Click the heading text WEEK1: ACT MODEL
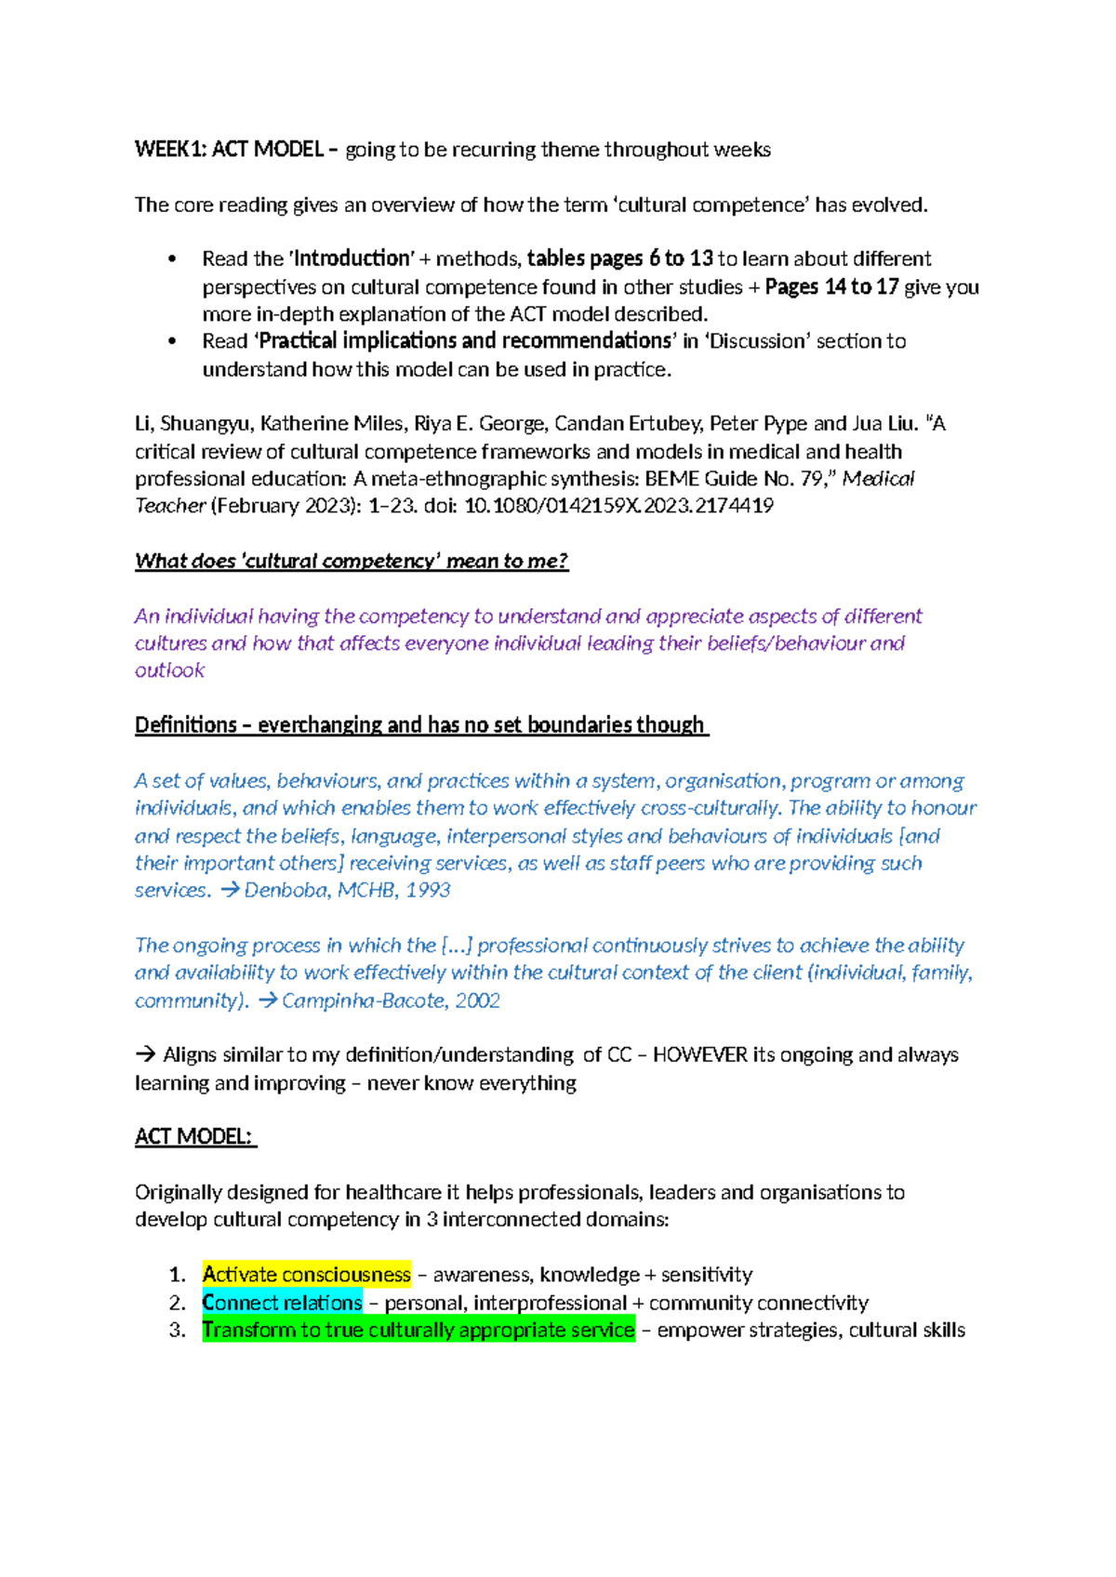(x=229, y=150)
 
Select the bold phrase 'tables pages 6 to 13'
(x=620, y=258)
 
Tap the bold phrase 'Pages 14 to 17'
(x=831, y=286)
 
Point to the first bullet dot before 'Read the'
(x=171, y=259)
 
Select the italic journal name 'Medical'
(x=878, y=479)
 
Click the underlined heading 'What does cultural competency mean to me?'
(x=351, y=561)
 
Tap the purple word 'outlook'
(x=169, y=670)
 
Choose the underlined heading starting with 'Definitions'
(x=420, y=725)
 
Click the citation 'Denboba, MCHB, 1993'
(x=347, y=890)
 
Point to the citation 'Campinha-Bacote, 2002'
(x=391, y=1001)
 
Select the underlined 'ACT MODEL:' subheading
(x=194, y=1136)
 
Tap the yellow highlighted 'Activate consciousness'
(x=306, y=1275)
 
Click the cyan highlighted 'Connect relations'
(x=282, y=1303)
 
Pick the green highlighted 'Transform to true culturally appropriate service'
(x=418, y=1330)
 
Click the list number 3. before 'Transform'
(x=177, y=1330)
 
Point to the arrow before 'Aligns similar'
(x=145, y=1055)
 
